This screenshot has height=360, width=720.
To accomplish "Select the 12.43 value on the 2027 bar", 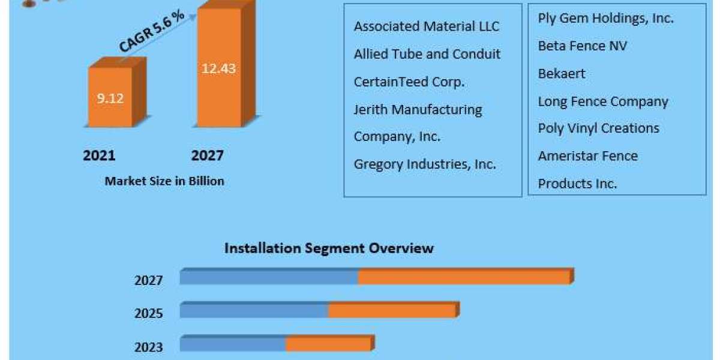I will click(x=218, y=68).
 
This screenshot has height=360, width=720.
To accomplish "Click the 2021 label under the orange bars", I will click(x=99, y=156).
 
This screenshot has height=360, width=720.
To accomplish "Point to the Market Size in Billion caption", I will click(x=164, y=181).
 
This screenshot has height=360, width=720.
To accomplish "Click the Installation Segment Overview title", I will click(x=329, y=248).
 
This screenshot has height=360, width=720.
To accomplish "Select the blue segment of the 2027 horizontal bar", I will click(x=269, y=277).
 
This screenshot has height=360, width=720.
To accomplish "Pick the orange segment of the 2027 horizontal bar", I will click(x=463, y=277).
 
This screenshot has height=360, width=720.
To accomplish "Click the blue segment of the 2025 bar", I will click(x=254, y=310).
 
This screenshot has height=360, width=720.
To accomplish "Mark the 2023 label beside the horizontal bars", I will click(x=148, y=346).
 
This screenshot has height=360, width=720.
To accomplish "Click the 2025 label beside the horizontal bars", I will click(x=148, y=313).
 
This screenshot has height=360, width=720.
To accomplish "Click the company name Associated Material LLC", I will click(x=427, y=26).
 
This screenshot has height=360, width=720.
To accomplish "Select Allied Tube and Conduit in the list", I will click(x=427, y=54).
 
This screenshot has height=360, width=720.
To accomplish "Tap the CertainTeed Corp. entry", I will click(x=409, y=82).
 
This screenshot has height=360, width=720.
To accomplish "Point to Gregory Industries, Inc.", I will click(x=425, y=164).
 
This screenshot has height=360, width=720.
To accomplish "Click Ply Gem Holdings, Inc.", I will click(x=605, y=19).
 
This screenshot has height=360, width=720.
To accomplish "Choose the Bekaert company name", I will click(x=562, y=74).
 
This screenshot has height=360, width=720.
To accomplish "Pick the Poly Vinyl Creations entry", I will click(x=598, y=128).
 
